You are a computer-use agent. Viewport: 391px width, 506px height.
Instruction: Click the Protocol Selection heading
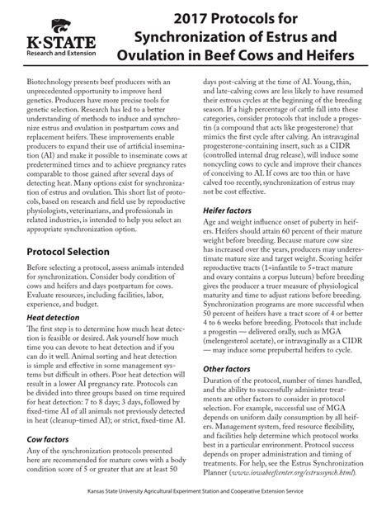tap(70, 273)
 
